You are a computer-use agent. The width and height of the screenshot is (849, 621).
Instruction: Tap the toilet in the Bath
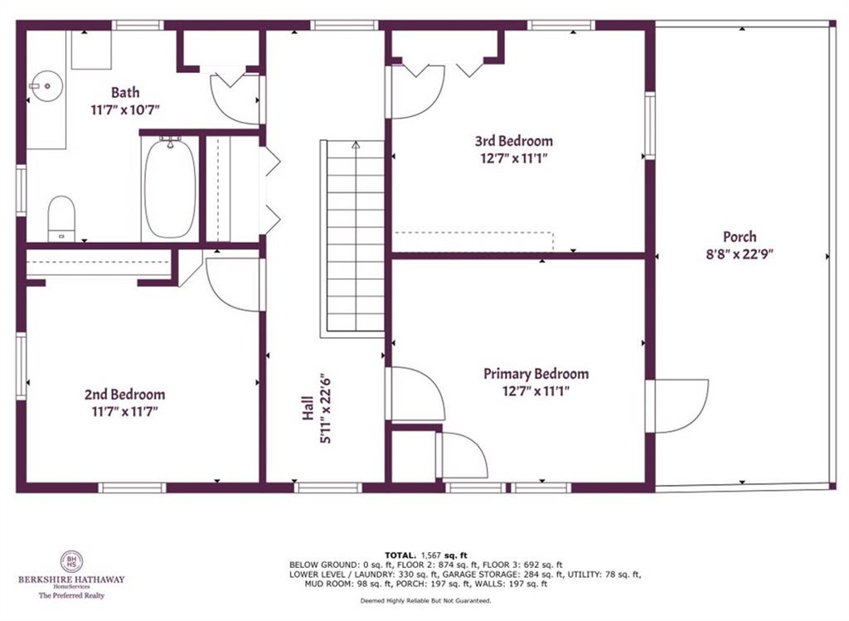coord(61,218)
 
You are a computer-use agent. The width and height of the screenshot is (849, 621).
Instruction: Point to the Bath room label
coord(125,93)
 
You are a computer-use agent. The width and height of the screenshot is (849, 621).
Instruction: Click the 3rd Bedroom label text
coord(513,141)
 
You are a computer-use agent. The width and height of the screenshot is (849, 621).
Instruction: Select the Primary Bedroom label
coord(536,374)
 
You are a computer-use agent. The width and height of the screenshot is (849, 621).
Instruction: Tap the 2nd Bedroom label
coord(124,395)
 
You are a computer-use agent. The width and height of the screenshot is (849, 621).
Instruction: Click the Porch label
coord(739,237)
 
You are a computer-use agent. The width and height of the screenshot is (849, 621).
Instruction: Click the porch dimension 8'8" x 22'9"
coord(739,255)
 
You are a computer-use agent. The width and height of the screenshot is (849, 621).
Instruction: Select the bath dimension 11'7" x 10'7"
coord(125,109)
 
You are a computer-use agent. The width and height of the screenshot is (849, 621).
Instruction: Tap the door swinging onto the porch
coord(678,405)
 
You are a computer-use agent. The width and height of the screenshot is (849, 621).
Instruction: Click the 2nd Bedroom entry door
coord(234,284)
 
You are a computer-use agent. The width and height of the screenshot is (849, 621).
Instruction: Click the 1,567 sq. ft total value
coord(444,555)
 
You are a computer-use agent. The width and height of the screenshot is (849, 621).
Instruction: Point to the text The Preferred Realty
coord(70,594)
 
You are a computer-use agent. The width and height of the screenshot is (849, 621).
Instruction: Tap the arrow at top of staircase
coord(356,145)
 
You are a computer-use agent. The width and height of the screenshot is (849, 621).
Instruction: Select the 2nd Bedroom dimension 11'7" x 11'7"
coord(124,411)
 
